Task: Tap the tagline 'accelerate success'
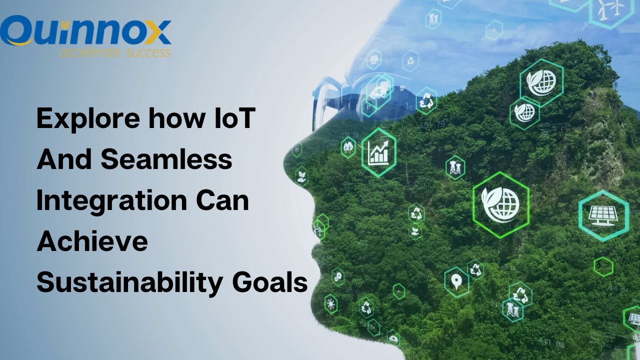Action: [114, 51]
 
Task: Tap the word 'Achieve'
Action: [92, 241]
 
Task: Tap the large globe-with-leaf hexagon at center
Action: [500, 204]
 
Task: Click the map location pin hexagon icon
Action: [456, 282]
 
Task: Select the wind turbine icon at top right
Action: [611, 9]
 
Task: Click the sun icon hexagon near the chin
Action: [330, 303]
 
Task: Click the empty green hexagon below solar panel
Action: [603, 266]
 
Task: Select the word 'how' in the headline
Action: [176, 120]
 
